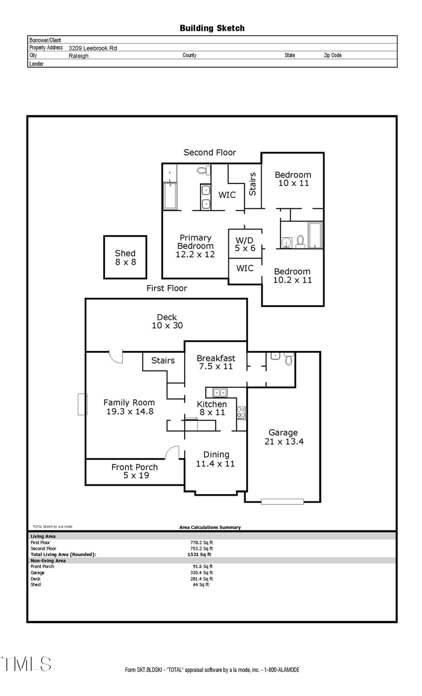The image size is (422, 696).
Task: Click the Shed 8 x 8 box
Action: click(x=125, y=258)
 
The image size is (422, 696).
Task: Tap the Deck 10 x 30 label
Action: click(x=167, y=321)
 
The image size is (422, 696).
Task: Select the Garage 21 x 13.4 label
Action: click(x=284, y=437)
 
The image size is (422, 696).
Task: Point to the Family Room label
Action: click(x=129, y=407)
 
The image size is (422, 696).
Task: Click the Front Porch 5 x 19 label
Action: click(x=135, y=471)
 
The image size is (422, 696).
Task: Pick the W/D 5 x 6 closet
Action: click(x=245, y=244)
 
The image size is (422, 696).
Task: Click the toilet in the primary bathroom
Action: click(x=203, y=170)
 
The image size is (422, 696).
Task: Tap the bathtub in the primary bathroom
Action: click(x=170, y=195)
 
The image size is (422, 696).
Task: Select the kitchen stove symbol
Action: click(x=241, y=413)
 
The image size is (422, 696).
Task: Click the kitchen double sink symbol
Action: click(x=219, y=392)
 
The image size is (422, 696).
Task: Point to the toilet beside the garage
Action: click(x=289, y=359)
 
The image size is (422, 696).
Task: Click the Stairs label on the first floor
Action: click(x=163, y=360)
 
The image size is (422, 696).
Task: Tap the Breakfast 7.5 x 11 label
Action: click(x=216, y=362)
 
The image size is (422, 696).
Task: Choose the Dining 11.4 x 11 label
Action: click(x=216, y=459)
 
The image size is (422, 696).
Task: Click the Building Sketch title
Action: click(x=212, y=28)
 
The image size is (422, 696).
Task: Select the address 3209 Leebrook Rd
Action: click(x=93, y=48)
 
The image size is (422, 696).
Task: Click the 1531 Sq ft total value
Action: click(x=199, y=554)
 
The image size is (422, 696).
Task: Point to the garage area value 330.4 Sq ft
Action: click(x=202, y=573)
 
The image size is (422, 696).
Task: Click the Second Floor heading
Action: click(x=210, y=153)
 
